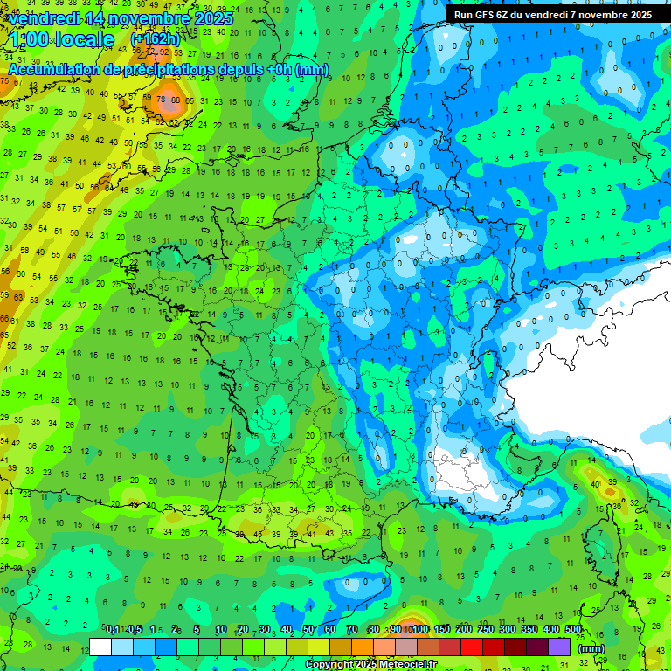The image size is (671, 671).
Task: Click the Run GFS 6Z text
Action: pos(486,15)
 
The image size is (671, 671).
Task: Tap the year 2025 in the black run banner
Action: pos(635,15)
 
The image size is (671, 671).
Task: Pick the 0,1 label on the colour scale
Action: pos(113,630)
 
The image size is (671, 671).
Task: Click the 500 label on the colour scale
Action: pos(573,630)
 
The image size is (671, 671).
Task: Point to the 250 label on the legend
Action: pos(486,630)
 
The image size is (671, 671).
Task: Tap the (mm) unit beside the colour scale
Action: pos(591,648)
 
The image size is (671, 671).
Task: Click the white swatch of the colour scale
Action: pos(100,647)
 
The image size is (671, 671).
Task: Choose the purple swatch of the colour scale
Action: pos(559,647)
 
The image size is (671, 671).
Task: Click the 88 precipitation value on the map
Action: pos(176,100)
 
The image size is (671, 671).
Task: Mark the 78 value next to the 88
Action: pos(161,100)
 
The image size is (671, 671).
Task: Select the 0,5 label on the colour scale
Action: pos(134,630)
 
